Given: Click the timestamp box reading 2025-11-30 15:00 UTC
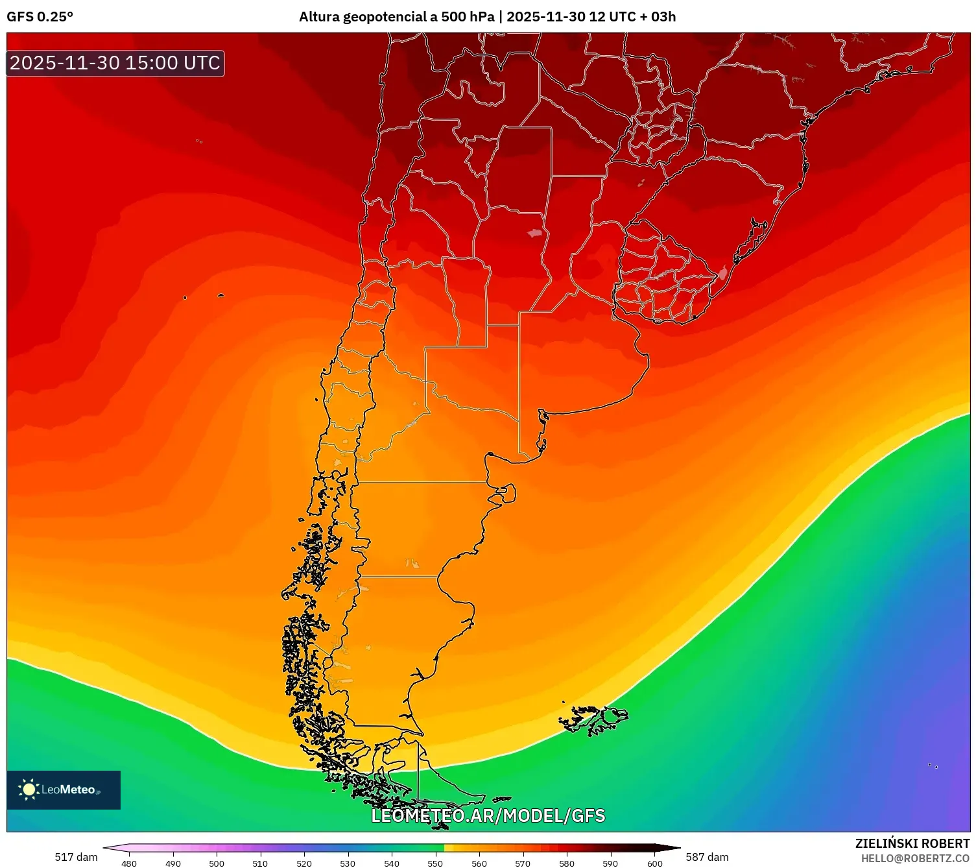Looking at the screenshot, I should pos(115,63).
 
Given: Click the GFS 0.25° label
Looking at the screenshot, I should pos(40,17).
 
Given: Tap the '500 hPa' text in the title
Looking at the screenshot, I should pos(468,17).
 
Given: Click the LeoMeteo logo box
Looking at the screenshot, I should pos(64,790).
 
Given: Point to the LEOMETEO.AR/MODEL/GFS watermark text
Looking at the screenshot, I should pos(488,815).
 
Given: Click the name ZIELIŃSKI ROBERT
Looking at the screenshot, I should pos(912,843).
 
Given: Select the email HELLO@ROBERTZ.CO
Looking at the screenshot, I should pos(915,858).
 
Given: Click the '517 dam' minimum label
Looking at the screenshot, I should pos(76,857).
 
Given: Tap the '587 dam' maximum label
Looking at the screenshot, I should pos(707,857).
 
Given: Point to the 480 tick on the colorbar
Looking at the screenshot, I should pos(129,863).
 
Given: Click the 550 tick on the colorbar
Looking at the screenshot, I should pos(435,863).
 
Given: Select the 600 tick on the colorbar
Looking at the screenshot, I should pos(655,863).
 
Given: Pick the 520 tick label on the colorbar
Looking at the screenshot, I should pos(304,863).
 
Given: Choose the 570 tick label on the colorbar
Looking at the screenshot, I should pos(523,863).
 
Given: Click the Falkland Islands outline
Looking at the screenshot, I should pos(593,719).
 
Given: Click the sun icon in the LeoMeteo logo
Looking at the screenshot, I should pos(29,789).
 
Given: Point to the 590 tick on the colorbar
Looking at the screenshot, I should pos(610,863).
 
